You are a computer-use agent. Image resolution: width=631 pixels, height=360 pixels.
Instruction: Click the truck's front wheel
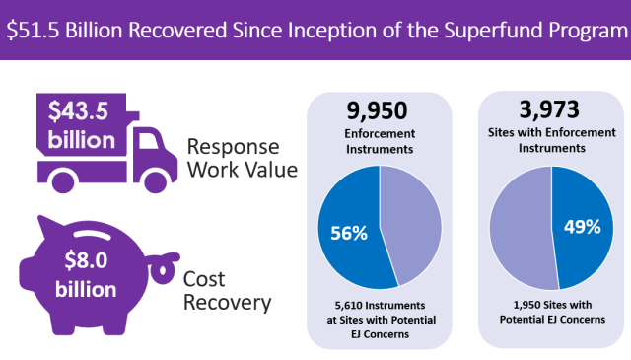(x=155, y=180)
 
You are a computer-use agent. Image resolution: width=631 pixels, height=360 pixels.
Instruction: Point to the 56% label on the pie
(x=349, y=233)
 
